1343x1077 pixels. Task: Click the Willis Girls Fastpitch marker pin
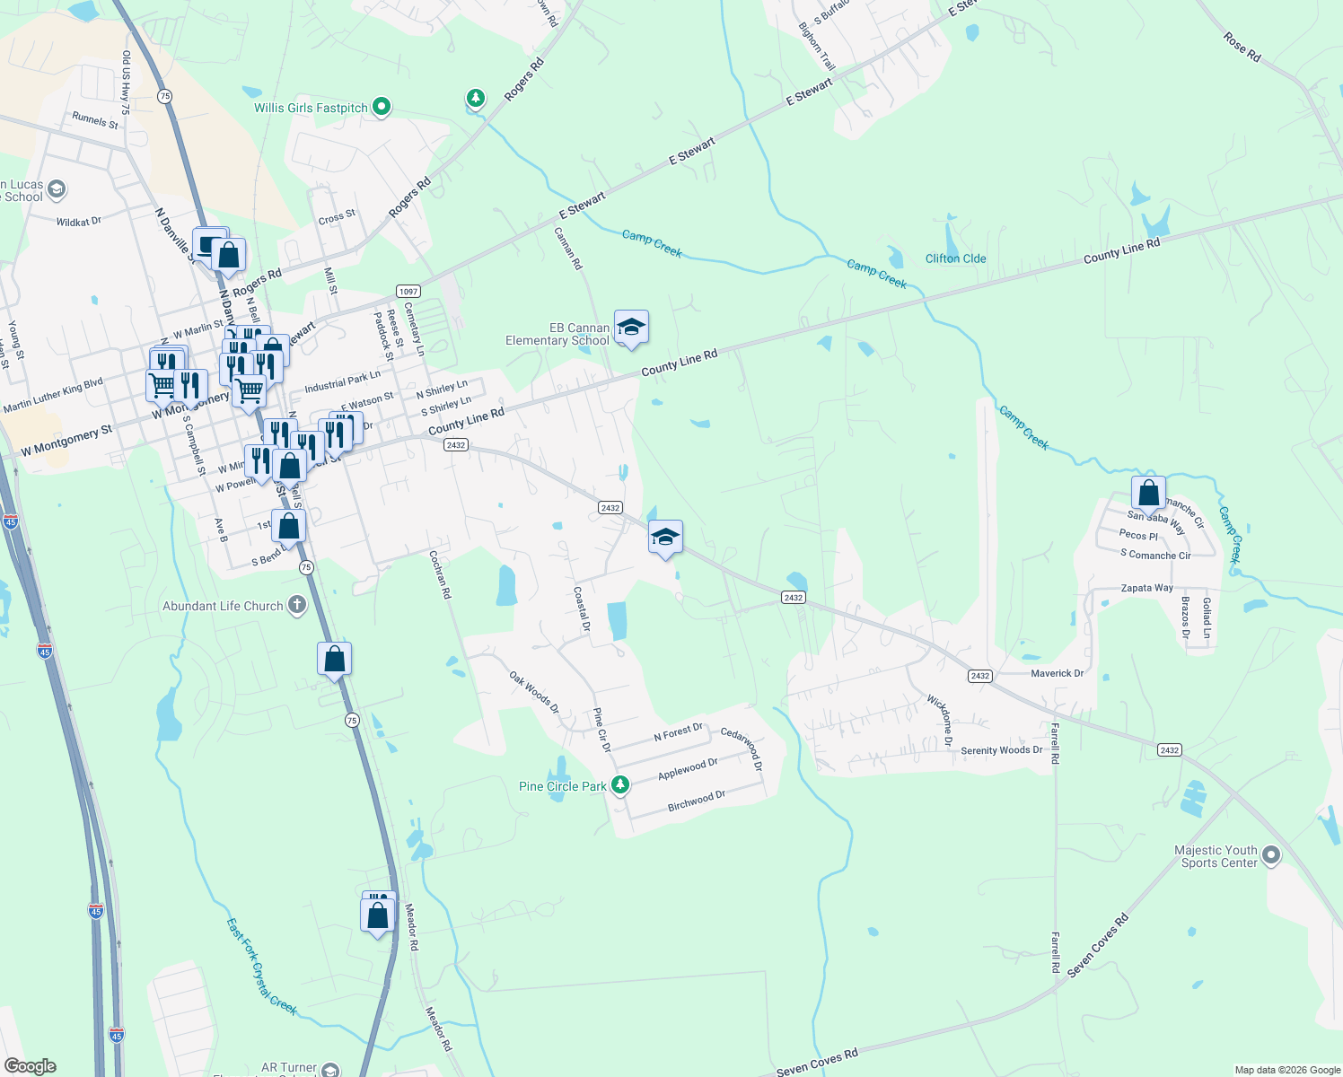click(382, 107)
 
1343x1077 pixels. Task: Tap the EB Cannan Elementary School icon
click(631, 328)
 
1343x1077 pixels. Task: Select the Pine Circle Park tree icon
click(619, 785)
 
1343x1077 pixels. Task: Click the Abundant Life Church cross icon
click(297, 606)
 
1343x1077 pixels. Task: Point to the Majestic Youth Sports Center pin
click(1270, 855)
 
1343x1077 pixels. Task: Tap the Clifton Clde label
click(955, 258)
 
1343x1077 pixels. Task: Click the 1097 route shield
click(408, 291)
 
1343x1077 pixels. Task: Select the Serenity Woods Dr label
click(1001, 750)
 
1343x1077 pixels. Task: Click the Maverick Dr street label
click(1057, 673)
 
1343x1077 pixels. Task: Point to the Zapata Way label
click(1146, 588)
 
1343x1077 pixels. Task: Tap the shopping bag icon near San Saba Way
click(1148, 493)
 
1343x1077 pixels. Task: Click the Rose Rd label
click(1242, 47)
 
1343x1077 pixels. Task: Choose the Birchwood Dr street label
click(696, 801)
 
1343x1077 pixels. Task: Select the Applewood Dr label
click(688, 769)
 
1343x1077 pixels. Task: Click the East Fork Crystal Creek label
click(260, 966)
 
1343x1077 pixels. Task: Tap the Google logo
click(31, 1065)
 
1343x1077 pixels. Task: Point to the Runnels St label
click(94, 120)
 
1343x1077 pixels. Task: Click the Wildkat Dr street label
click(78, 221)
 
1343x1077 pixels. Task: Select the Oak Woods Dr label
click(533, 693)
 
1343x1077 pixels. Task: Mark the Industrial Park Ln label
click(342, 382)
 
